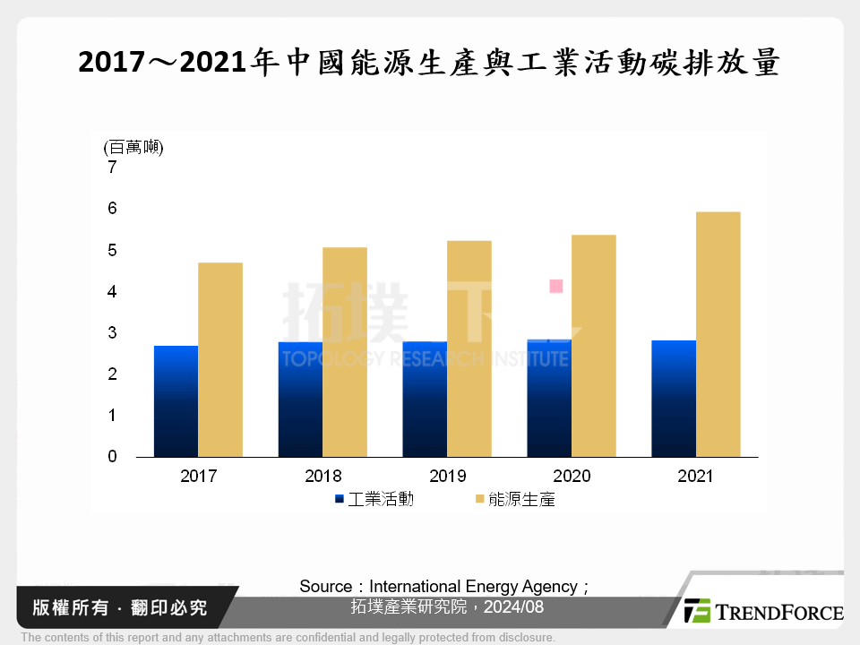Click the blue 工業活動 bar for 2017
[x=176, y=401]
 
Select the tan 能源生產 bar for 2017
[x=220, y=359]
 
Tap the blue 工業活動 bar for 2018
[x=300, y=400]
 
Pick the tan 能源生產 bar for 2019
[x=469, y=348]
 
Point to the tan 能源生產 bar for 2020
[x=594, y=346]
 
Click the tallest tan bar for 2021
[x=718, y=334]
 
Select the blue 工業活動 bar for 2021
[x=674, y=399]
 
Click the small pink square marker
[x=555, y=287]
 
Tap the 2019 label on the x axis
[x=447, y=476]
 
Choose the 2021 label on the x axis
[x=695, y=476]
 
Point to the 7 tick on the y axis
[x=112, y=168]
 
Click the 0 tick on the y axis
[x=112, y=457]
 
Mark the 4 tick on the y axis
[x=112, y=292]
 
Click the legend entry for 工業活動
[x=374, y=500]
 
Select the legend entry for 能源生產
[x=515, y=500]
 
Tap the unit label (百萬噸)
[x=133, y=148]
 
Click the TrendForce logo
[x=763, y=612]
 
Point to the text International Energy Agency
[x=473, y=587]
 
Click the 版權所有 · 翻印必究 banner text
[x=120, y=607]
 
